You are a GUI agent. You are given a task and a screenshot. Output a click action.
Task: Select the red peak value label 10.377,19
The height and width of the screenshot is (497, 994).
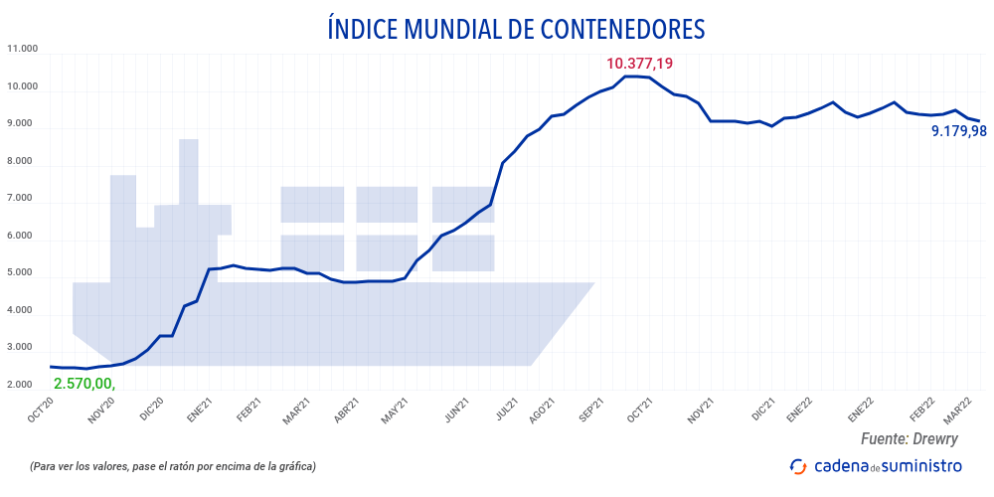pos(639,64)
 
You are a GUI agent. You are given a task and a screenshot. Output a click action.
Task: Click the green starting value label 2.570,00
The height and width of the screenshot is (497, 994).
pos(84,383)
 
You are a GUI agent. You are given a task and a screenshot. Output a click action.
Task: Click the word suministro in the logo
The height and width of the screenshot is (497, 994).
pos(922,466)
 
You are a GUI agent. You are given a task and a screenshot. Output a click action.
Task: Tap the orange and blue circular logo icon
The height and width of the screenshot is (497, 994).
pos(797,466)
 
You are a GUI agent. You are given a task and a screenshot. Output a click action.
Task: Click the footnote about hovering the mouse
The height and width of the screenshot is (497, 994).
pos(173,466)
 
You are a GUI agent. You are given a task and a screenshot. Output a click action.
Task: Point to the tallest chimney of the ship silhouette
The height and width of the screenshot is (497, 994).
pos(188,169)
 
